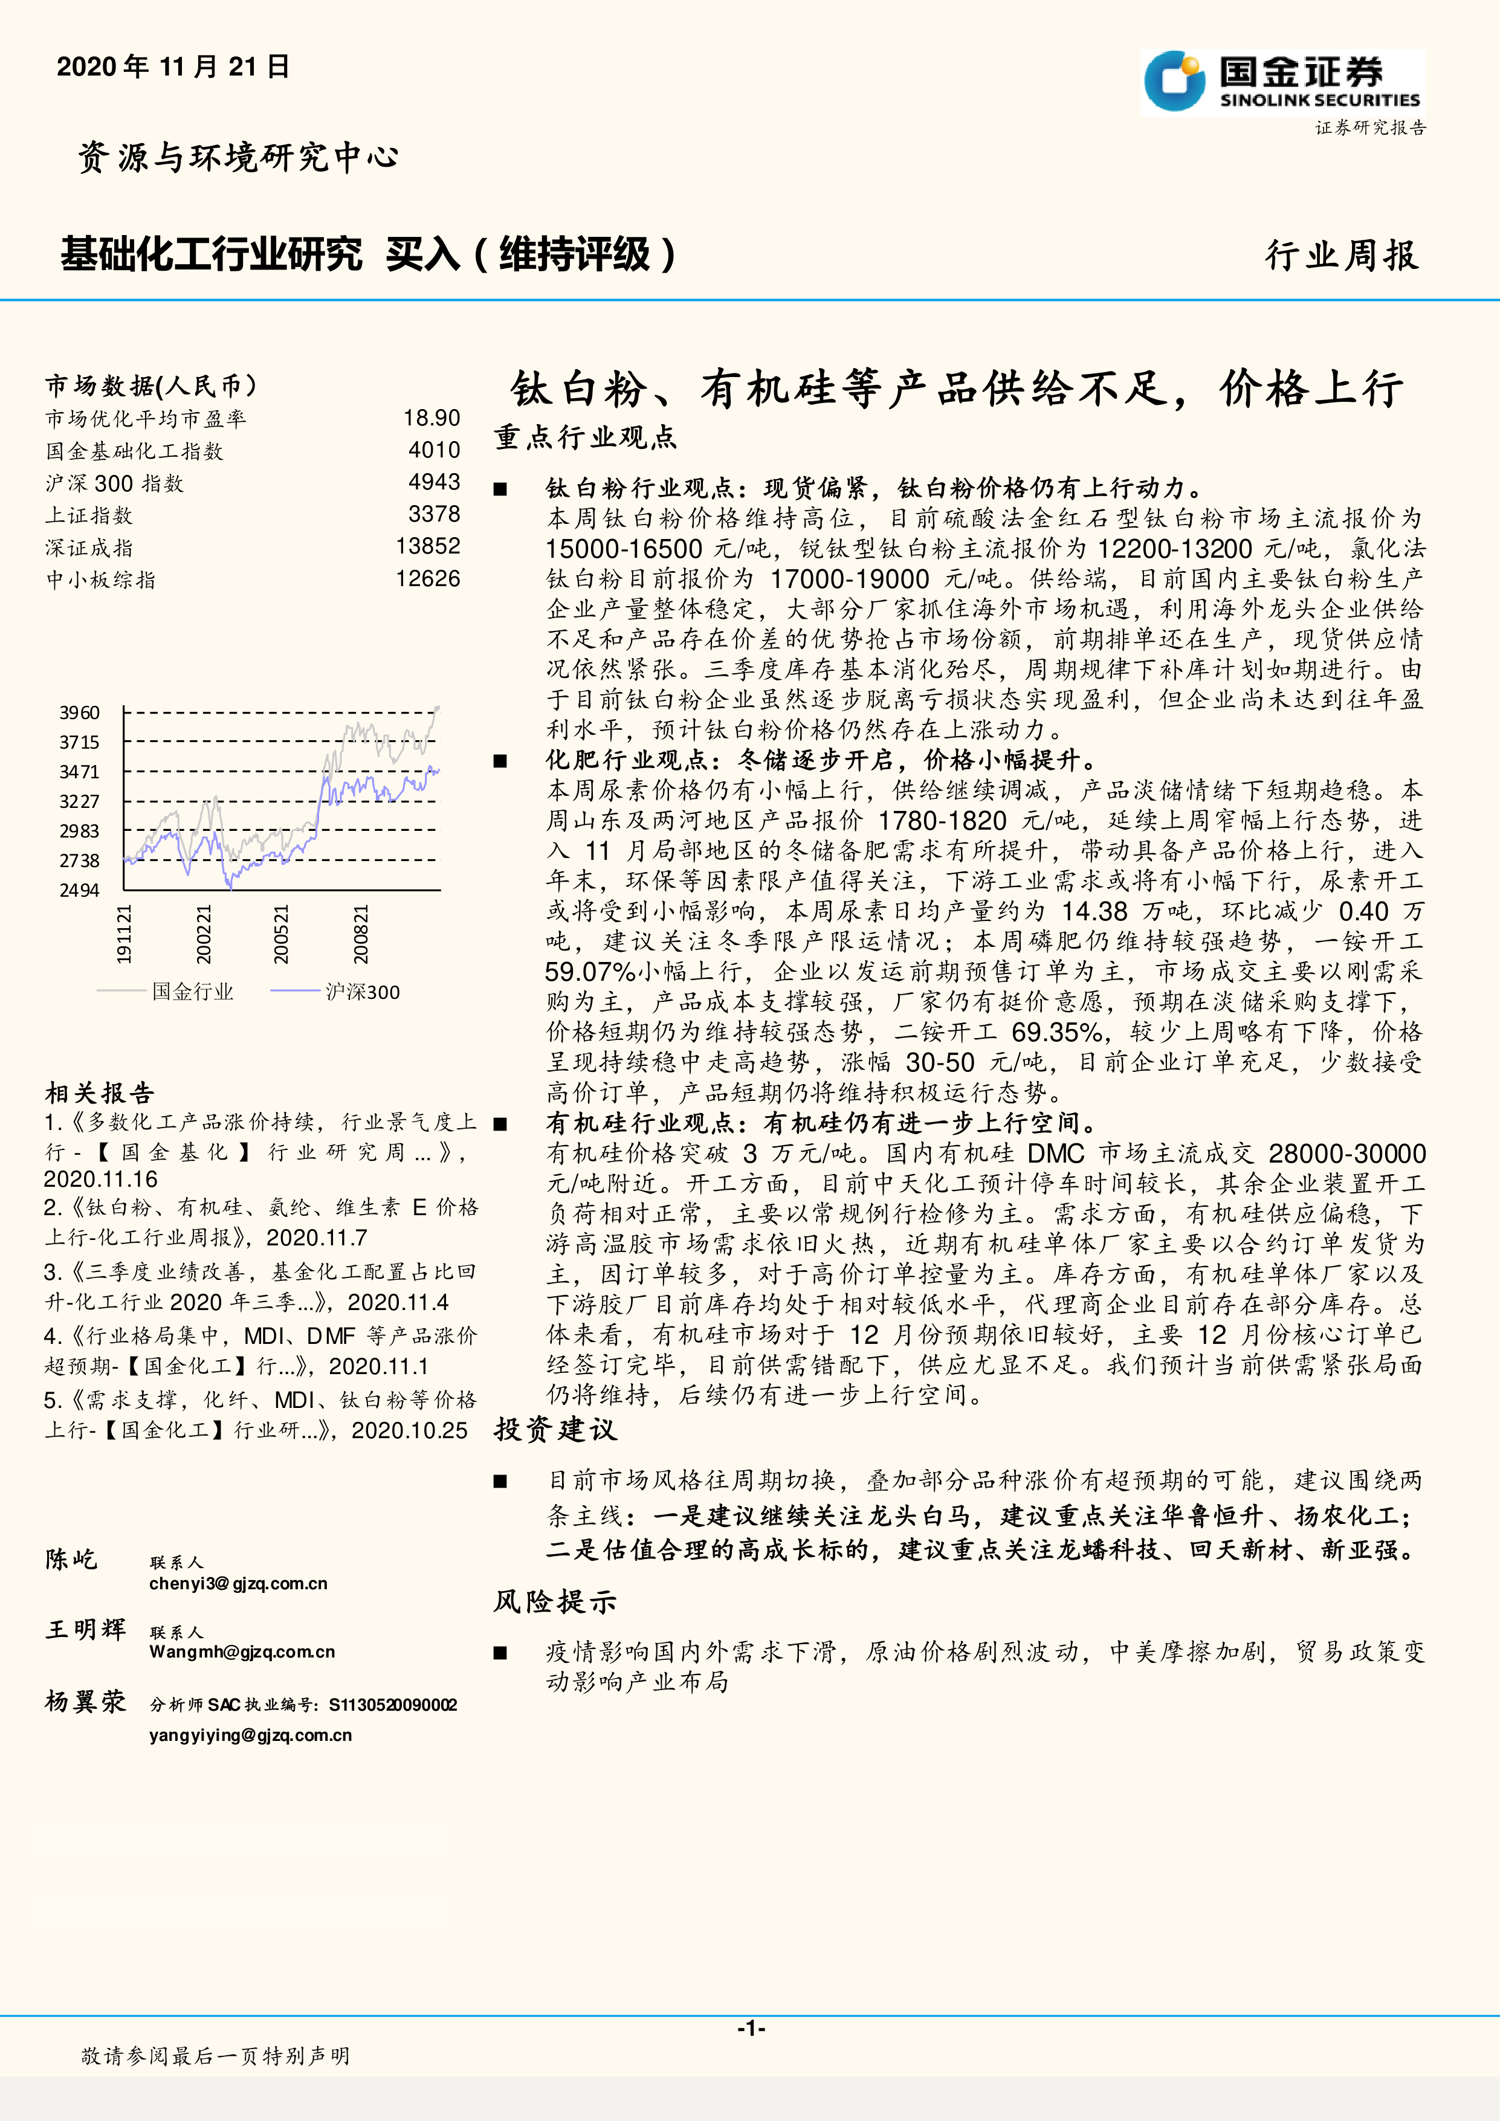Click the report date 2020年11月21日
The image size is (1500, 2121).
(x=173, y=66)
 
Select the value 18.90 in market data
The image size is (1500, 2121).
(x=432, y=419)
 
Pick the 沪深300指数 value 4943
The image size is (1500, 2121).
(x=434, y=482)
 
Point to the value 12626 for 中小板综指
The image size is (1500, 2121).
(x=428, y=579)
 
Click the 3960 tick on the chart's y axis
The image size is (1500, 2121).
(x=79, y=712)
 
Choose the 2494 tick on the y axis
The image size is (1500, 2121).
(x=79, y=891)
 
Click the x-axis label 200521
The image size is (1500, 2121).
(x=281, y=935)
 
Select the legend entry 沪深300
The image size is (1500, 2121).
(x=362, y=992)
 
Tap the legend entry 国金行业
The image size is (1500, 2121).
(x=192, y=992)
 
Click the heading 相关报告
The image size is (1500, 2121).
(x=100, y=1094)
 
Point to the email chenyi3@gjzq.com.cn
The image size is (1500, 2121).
(x=238, y=1583)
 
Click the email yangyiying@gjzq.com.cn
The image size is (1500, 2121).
(x=250, y=1735)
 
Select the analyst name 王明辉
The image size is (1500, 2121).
(x=85, y=1630)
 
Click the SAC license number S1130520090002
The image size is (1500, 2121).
(x=393, y=1705)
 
